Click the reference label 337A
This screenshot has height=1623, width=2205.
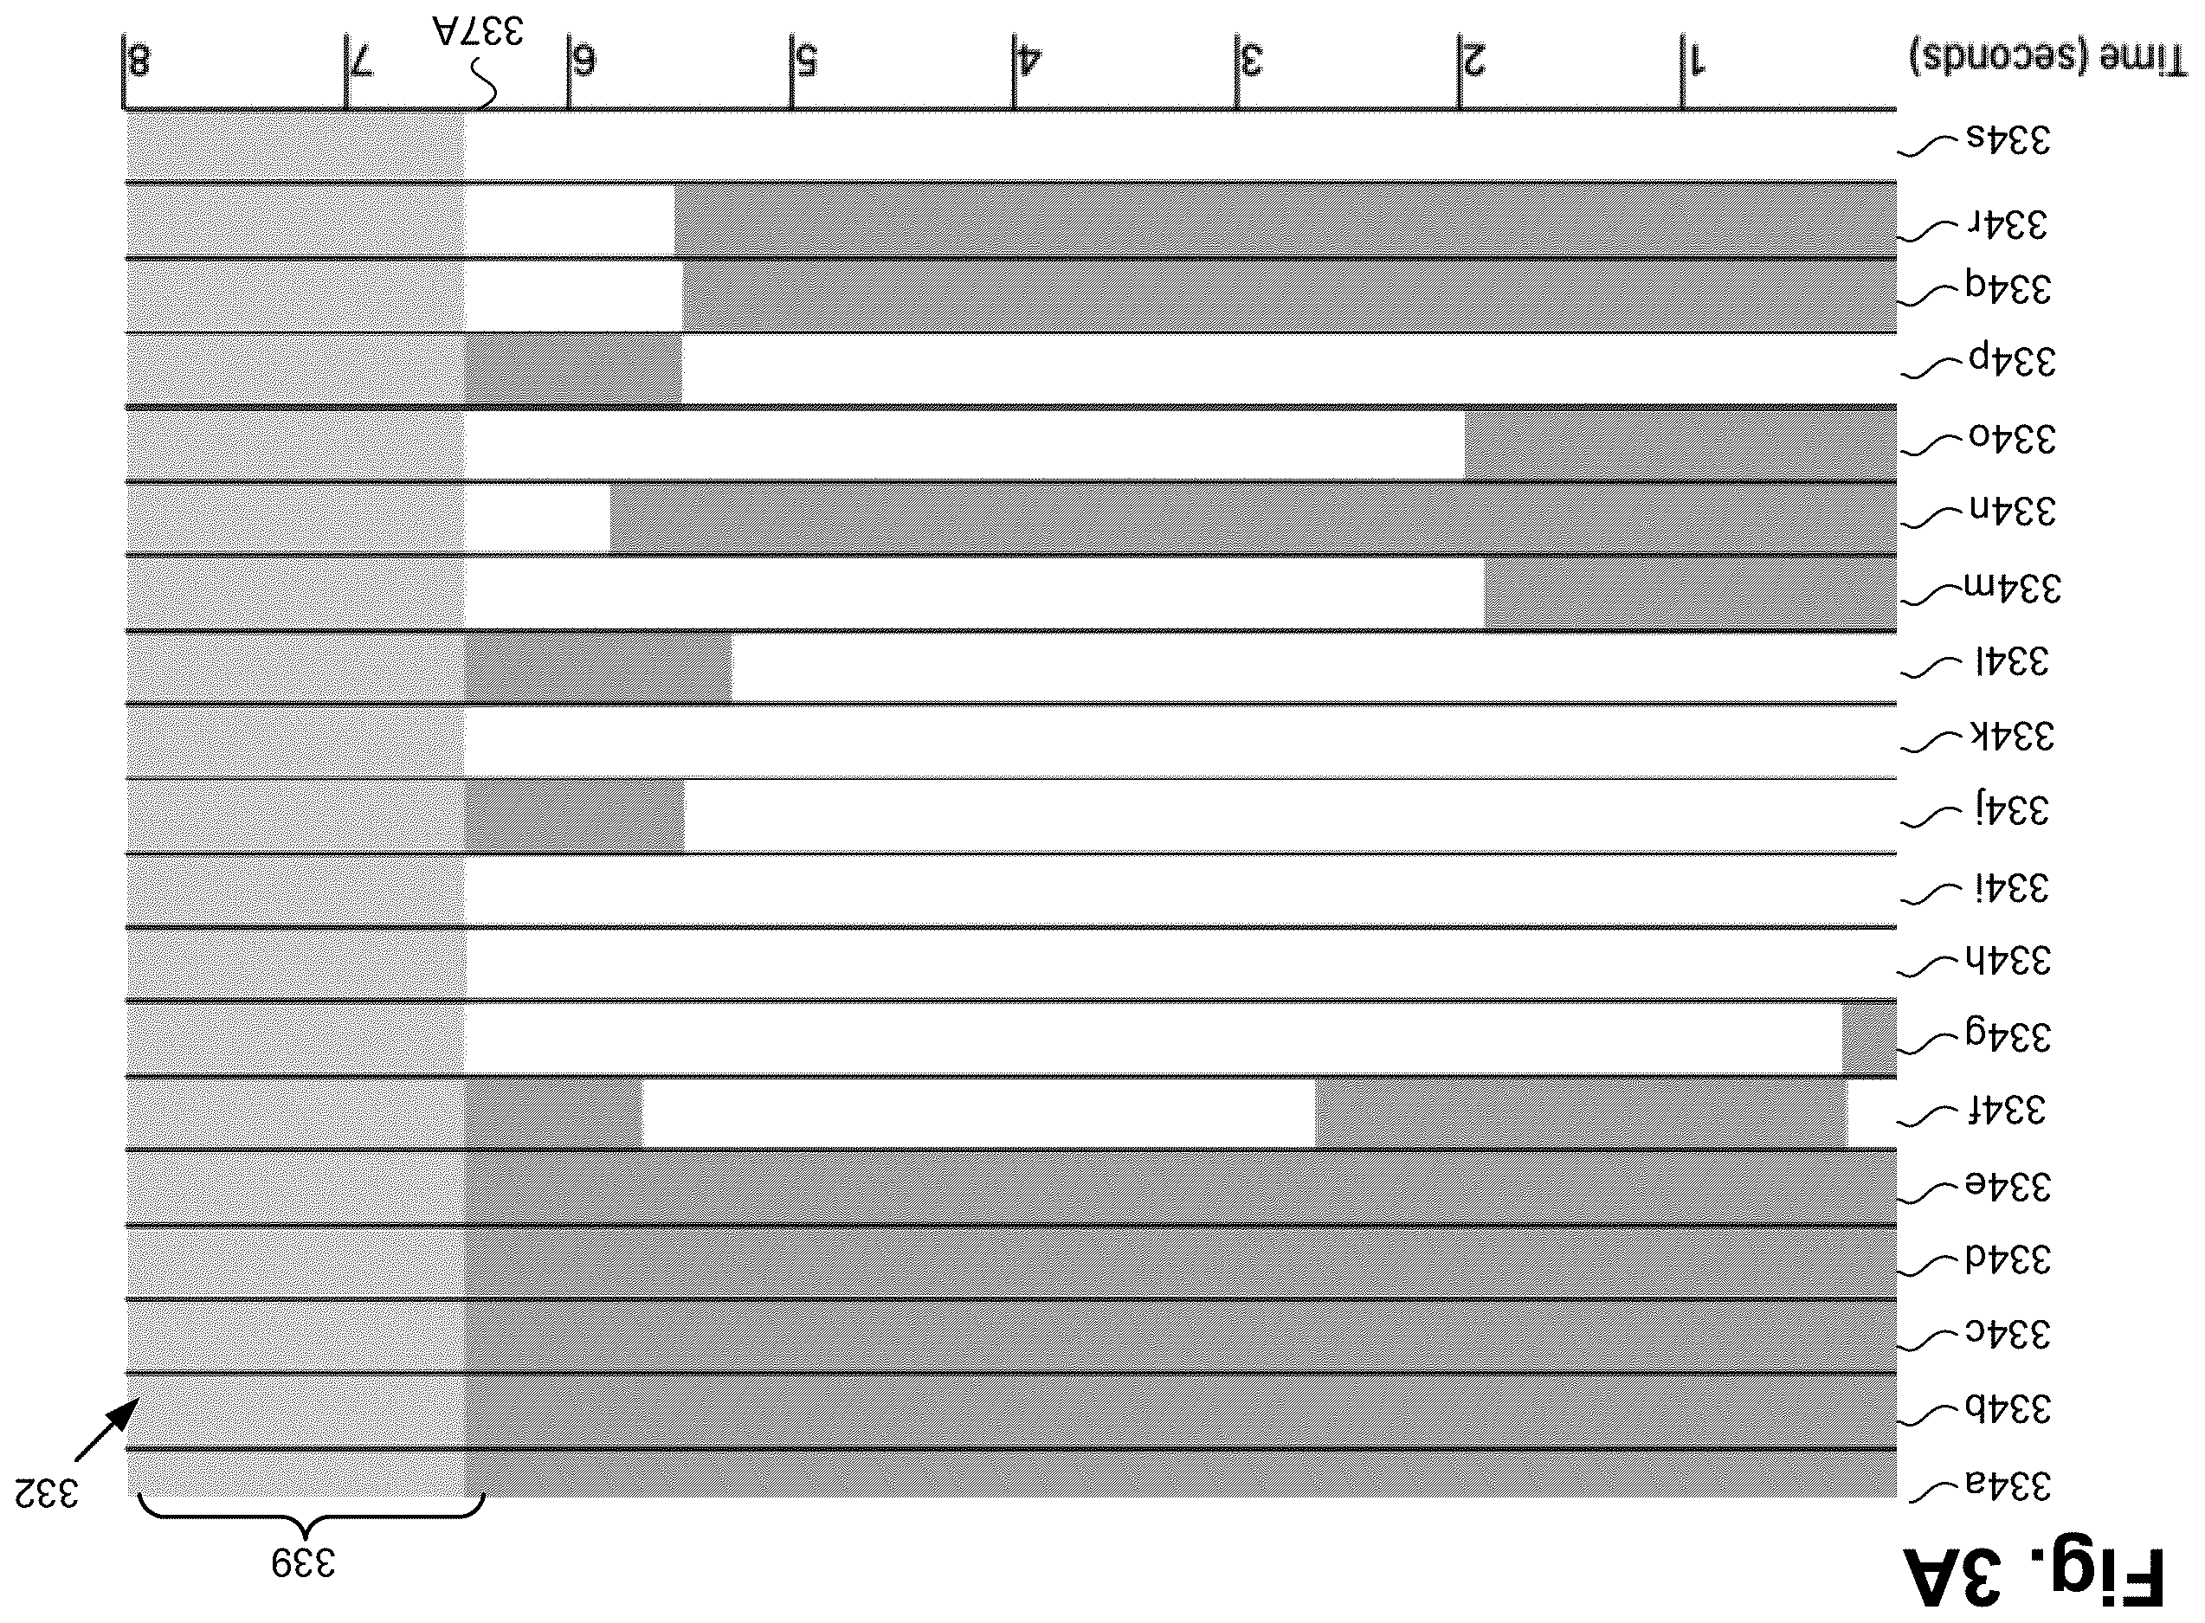(x=478, y=29)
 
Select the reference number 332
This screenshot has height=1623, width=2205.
(x=46, y=1493)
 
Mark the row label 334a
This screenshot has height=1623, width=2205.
(x=2008, y=1485)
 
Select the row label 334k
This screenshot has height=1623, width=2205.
(x=2011, y=736)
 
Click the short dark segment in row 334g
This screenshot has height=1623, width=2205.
(x=1869, y=1038)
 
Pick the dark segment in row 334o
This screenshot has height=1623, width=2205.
(x=1680, y=444)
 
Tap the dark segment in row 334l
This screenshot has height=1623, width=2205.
(x=598, y=667)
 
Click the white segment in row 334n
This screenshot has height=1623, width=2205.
(x=538, y=518)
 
